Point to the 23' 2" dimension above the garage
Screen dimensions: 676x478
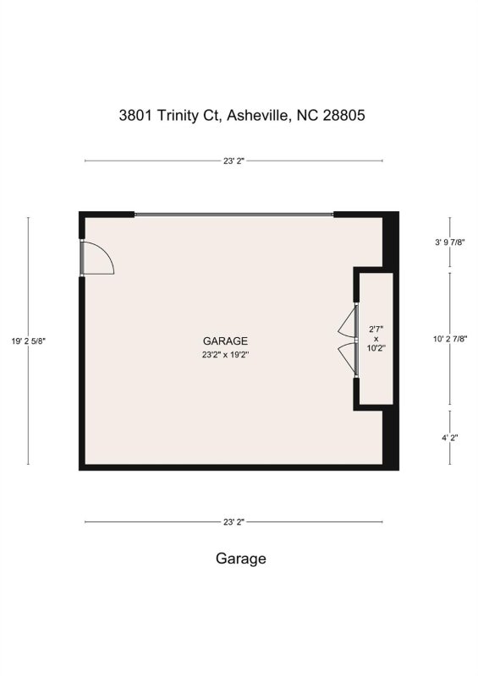233,160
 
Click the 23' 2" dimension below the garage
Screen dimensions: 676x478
233,522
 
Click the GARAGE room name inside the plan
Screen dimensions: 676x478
224,341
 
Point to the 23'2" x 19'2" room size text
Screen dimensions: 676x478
224,355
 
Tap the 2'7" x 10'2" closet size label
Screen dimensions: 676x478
376,338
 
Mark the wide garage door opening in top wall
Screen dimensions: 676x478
234,215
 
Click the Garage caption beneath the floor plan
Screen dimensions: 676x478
240,559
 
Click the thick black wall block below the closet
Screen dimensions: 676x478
391,437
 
